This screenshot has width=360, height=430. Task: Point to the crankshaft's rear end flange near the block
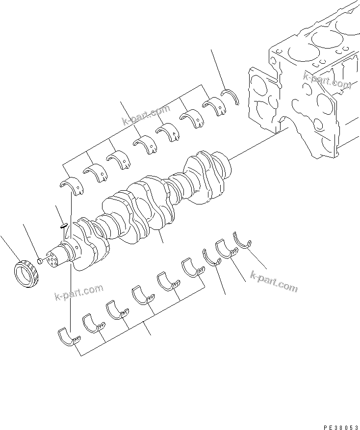point(224,164)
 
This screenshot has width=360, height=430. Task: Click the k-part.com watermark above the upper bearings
point(146,116)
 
